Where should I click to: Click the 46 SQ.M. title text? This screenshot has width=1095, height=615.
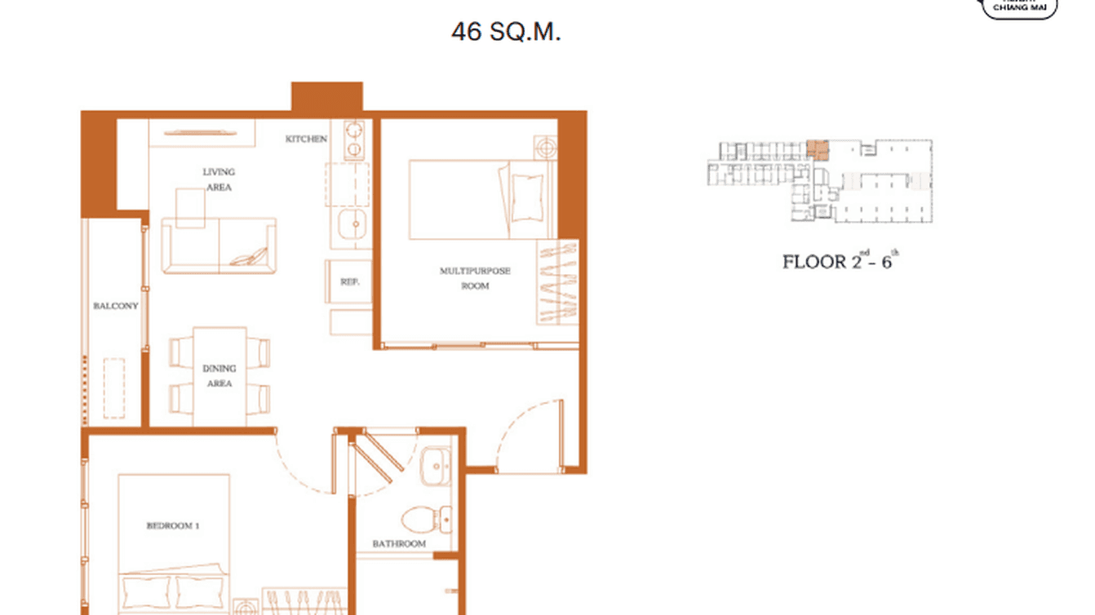(506, 32)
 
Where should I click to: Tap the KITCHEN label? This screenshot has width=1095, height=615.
(306, 139)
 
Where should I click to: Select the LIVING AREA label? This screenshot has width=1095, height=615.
(219, 179)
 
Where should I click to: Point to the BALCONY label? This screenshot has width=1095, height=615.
(115, 307)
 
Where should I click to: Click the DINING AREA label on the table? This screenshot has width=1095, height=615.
(219, 376)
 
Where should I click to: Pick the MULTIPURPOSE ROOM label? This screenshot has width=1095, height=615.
(475, 278)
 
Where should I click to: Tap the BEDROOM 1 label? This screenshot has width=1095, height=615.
(173, 526)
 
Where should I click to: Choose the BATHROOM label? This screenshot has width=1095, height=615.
(399, 544)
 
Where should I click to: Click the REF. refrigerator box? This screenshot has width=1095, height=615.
(350, 281)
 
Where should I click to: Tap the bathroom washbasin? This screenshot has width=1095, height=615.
(437, 467)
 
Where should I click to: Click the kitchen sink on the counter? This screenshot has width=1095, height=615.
(353, 221)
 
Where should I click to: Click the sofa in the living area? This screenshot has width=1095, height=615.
(219, 246)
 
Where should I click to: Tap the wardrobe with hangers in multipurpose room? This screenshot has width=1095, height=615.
(558, 281)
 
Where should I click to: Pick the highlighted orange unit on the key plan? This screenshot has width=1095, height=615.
(817, 149)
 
